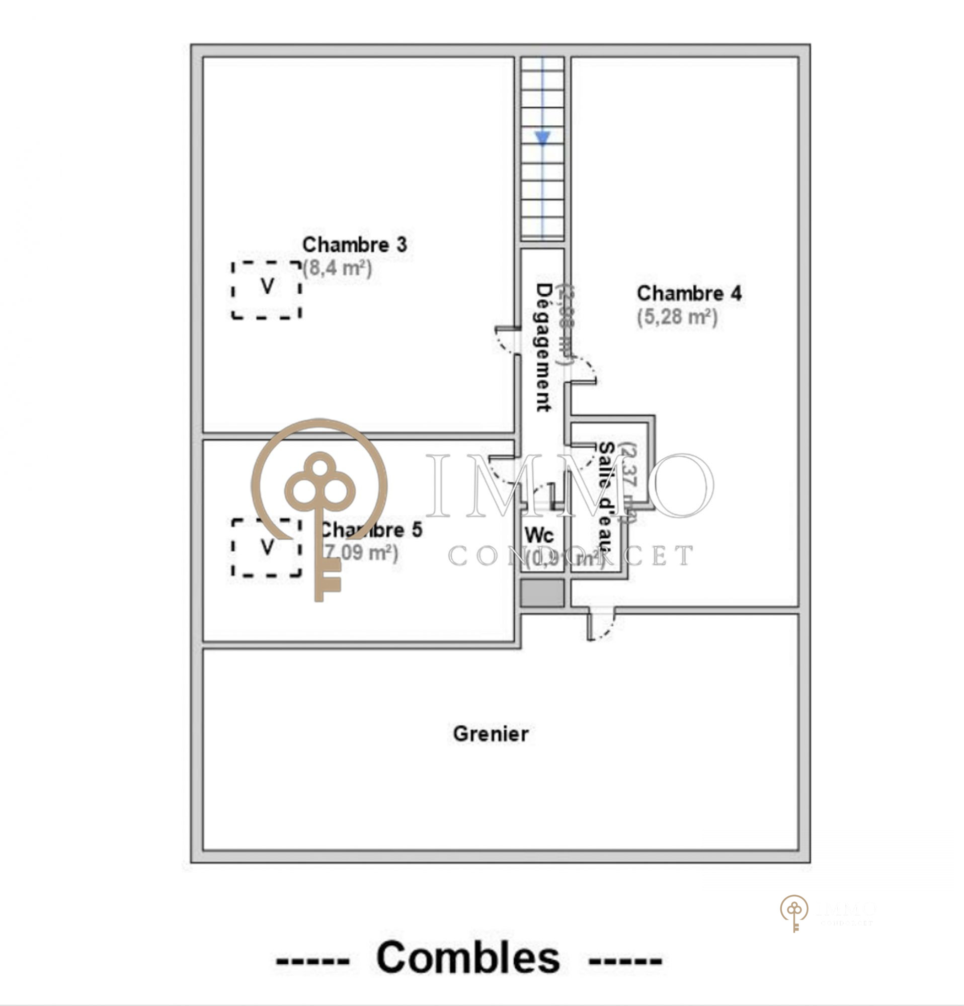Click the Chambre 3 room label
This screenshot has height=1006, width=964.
click(354, 245)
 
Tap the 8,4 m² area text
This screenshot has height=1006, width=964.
click(337, 269)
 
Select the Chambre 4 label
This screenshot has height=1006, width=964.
click(689, 293)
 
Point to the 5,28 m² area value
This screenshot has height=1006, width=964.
click(677, 317)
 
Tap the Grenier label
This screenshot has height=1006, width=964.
click(490, 734)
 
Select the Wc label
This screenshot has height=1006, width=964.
click(539, 536)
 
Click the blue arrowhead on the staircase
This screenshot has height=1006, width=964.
click(542, 137)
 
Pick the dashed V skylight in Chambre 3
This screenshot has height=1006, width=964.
click(267, 290)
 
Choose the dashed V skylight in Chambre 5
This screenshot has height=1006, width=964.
click(267, 548)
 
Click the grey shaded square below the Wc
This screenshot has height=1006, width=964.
click(542, 594)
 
